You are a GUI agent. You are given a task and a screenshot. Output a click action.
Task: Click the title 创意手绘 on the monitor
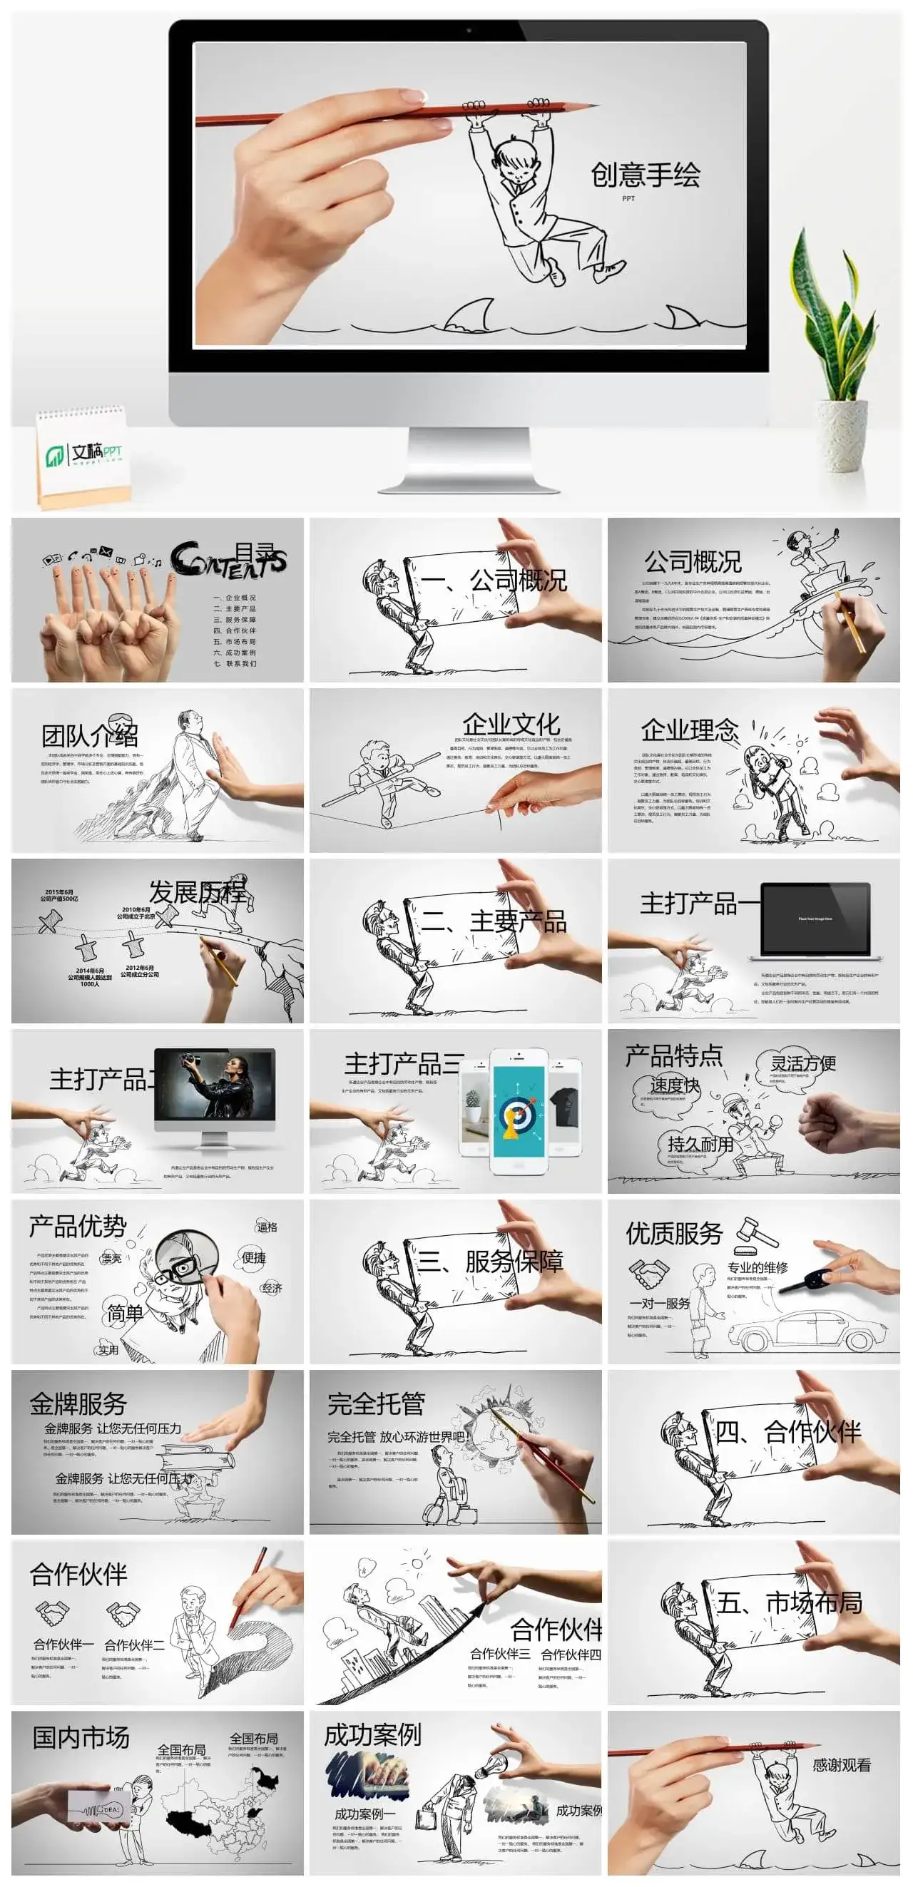click(x=645, y=175)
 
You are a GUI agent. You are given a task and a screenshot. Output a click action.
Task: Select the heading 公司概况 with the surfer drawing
click(x=693, y=562)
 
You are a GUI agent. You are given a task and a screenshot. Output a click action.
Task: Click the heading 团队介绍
click(x=89, y=735)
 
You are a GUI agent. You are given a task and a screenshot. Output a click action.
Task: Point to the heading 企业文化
click(x=511, y=725)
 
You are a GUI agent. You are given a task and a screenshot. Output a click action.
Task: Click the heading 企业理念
click(x=690, y=730)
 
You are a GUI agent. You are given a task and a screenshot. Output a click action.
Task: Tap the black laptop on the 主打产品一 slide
click(x=815, y=920)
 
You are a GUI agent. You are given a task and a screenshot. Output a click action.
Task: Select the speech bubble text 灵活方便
click(x=803, y=1063)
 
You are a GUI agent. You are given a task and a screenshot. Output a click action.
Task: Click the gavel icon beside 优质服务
click(x=756, y=1234)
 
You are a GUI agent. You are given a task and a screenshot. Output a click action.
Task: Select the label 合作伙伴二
click(x=134, y=1645)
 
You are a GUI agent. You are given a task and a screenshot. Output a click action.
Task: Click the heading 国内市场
click(x=81, y=1737)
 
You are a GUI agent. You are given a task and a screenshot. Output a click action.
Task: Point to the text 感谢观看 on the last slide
click(x=841, y=1764)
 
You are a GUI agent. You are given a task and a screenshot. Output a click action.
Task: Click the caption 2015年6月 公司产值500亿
click(x=58, y=896)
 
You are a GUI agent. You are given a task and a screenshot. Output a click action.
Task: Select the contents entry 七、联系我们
click(x=235, y=664)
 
